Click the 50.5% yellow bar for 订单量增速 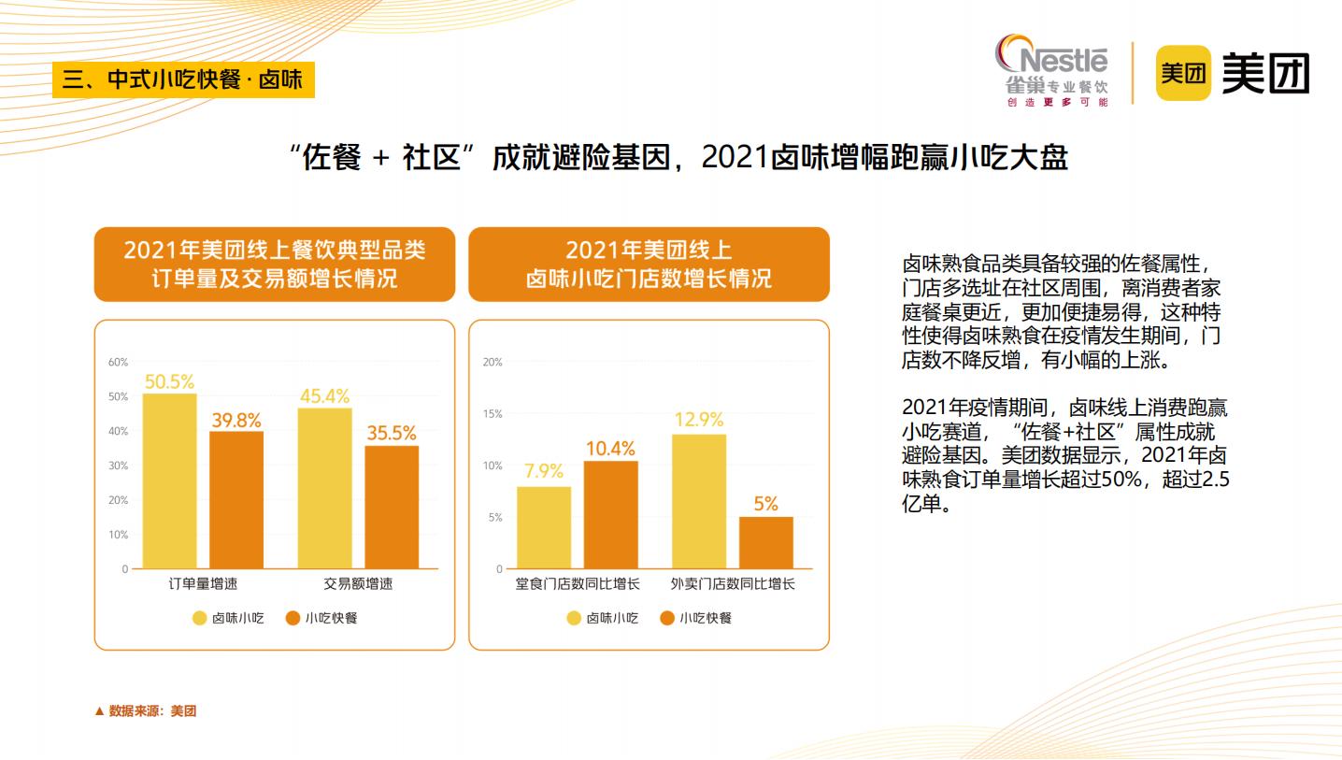[169, 480]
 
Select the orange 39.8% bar [236, 499]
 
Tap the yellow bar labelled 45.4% [325, 488]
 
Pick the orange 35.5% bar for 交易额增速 [392, 507]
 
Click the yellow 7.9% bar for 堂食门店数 [544, 527]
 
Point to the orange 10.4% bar [610, 514]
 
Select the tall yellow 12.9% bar [699, 501]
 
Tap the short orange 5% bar [765, 542]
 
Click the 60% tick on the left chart [119, 363]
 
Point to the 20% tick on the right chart [493, 363]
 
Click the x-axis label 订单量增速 [203, 584]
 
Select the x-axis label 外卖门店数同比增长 [733, 584]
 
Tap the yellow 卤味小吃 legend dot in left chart [200, 618]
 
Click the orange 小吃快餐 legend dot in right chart [667, 618]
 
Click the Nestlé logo [1052, 70]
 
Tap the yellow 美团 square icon [1182, 73]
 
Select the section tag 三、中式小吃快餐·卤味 [183, 79]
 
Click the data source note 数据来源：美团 [146, 711]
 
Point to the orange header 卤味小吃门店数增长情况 [649, 265]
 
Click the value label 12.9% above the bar [699, 420]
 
